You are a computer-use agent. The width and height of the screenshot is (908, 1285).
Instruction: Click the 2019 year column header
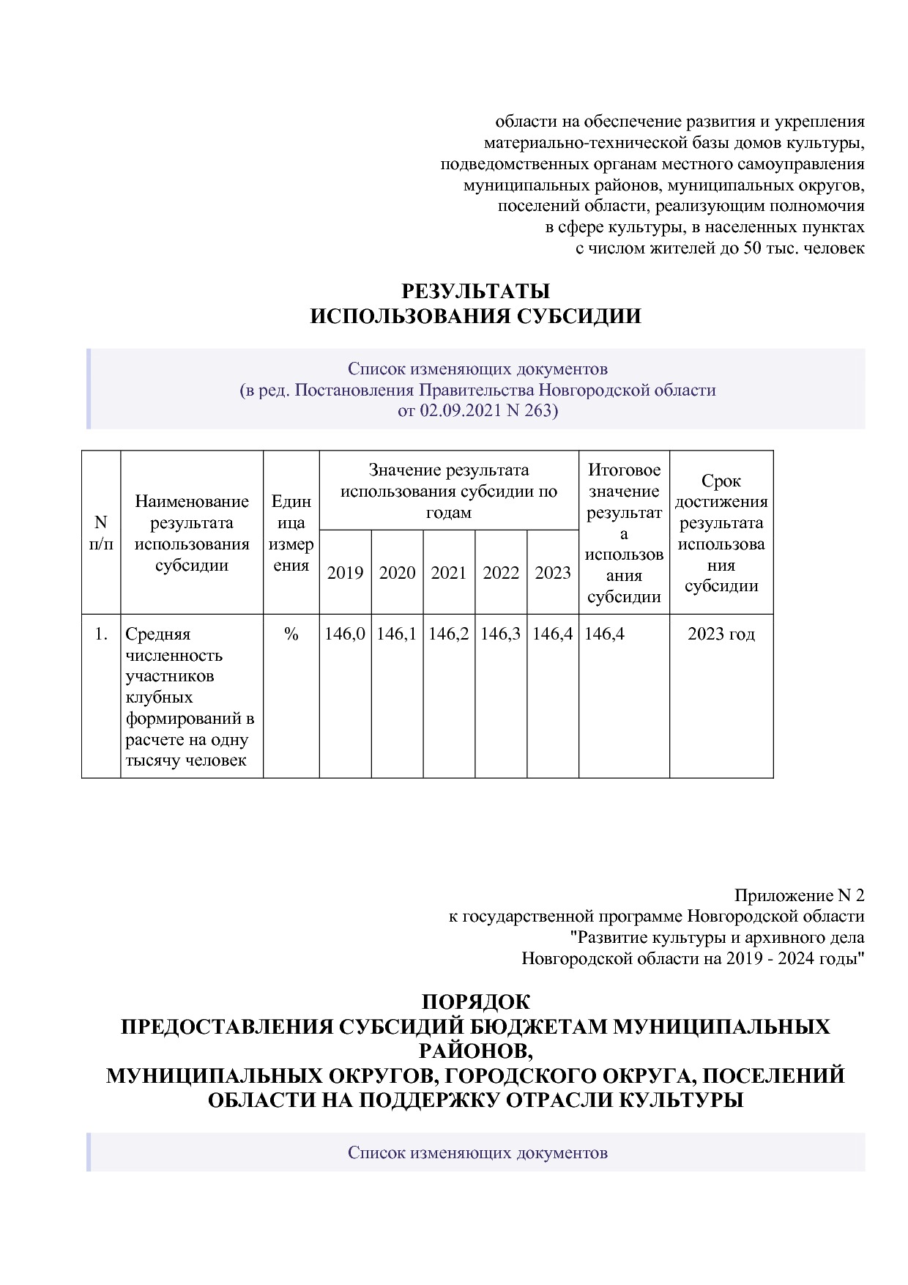point(345,573)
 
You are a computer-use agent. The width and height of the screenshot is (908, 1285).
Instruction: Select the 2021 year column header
point(449,573)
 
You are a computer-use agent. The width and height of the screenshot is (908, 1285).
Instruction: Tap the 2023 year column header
point(553,573)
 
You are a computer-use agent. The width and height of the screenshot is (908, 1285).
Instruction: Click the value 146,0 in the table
point(345,634)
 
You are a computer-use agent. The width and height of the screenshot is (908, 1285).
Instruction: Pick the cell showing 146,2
point(449,634)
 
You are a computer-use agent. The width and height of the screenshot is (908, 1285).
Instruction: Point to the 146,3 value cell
point(501,634)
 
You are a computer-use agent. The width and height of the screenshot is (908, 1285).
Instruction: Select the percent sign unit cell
point(291,634)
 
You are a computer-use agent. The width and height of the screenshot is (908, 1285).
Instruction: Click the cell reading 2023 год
point(721,634)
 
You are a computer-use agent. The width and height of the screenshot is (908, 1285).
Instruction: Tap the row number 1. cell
point(101,634)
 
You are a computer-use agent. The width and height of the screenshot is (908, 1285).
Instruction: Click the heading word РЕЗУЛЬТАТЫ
point(475,292)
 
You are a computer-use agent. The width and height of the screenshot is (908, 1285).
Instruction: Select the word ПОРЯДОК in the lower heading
point(475,1001)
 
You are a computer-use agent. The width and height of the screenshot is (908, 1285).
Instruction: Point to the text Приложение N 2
point(799,895)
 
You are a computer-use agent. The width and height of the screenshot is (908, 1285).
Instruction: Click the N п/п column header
point(101,533)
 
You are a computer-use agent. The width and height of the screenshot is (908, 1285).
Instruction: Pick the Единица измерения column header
point(291,533)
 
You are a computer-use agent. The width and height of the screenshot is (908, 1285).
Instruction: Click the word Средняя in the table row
point(158,634)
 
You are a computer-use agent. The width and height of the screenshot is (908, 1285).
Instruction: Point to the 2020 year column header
point(397,573)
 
